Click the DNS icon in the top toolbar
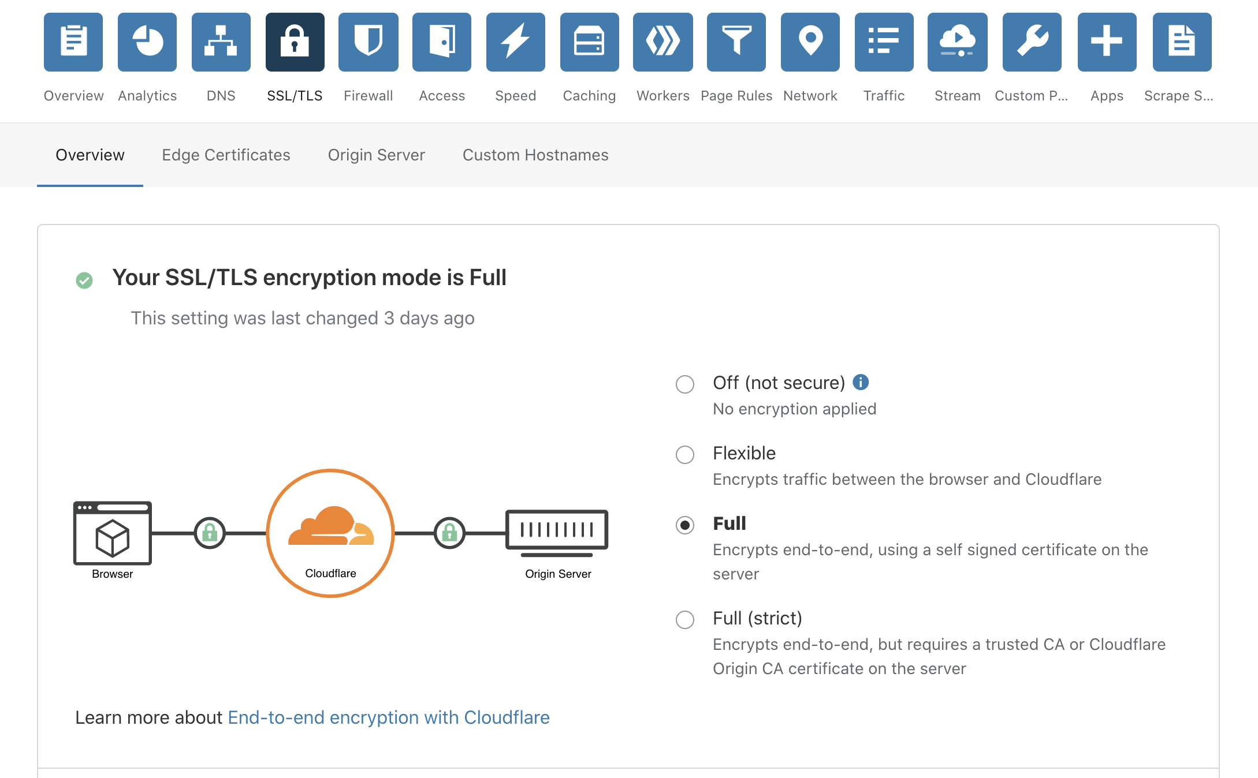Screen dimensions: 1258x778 pos(221,42)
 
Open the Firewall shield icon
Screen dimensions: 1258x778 pos(369,42)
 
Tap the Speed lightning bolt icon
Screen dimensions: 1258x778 pos(516,42)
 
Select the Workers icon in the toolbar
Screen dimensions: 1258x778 pos(663,42)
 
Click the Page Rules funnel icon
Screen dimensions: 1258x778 pos(736,42)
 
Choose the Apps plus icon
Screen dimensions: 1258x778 pos(1107,42)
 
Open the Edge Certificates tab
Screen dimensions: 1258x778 pos(226,155)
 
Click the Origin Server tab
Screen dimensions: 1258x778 pos(377,155)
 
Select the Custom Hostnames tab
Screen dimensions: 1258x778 pos(535,155)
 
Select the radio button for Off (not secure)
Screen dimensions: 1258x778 pos(685,384)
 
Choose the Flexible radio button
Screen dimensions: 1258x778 pos(685,454)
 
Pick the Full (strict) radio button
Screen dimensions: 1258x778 pos(685,619)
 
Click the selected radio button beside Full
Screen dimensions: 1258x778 pos(685,525)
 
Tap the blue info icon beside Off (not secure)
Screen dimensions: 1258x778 pos(861,382)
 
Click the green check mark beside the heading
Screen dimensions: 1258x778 pos(84,280)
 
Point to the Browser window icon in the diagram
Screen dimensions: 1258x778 pos(113,533)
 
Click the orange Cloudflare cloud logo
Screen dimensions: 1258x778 pos(331,526)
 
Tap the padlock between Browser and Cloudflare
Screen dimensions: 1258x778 pos(210,533)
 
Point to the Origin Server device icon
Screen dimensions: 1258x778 pos(557,533)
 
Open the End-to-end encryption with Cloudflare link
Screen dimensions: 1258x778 pos(389,717)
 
